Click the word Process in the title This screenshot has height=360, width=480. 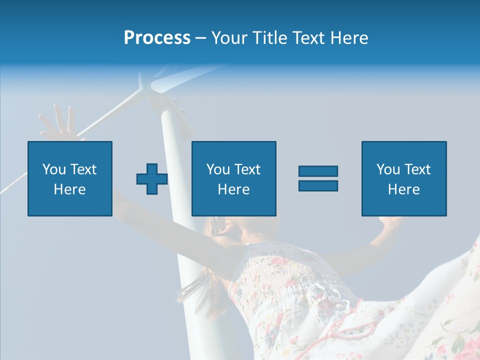[x=157, y=38]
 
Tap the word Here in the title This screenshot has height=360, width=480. [x=350, y=38]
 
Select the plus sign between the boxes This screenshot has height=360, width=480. [x=152, y=179]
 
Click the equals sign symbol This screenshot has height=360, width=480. [x=318, y=178]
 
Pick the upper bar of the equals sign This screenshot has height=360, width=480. [x=318, y=171]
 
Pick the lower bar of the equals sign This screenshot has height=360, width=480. [x=318, y=185]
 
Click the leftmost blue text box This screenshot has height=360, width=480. [x=70, y=178]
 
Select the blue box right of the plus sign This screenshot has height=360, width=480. [x=234, y=178]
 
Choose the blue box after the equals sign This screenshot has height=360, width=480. [x=404, y=178]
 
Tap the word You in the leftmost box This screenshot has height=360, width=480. [x=53, y=169]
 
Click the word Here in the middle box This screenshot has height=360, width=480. [x=234, y=189]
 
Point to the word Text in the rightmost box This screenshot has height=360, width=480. [x=417, y=169]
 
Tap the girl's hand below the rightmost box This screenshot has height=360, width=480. [x=390, y=222]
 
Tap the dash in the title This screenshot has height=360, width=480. [x=201, y=38]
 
